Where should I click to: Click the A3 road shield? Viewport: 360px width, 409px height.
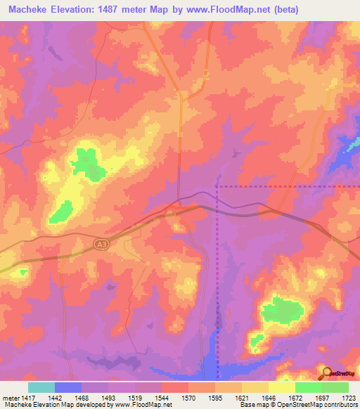[x=101, y=242]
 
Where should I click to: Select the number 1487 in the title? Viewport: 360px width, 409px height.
[x=131, y=10]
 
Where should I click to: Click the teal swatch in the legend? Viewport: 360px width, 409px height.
[x=41, y=387]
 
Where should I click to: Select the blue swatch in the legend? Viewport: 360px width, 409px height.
[x=67, y=387]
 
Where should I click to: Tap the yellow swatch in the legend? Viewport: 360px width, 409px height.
[x=281, y=387]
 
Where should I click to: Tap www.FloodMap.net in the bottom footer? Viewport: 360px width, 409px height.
[x=143, y=405]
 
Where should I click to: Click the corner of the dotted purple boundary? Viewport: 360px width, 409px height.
[x=217, y=187]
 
